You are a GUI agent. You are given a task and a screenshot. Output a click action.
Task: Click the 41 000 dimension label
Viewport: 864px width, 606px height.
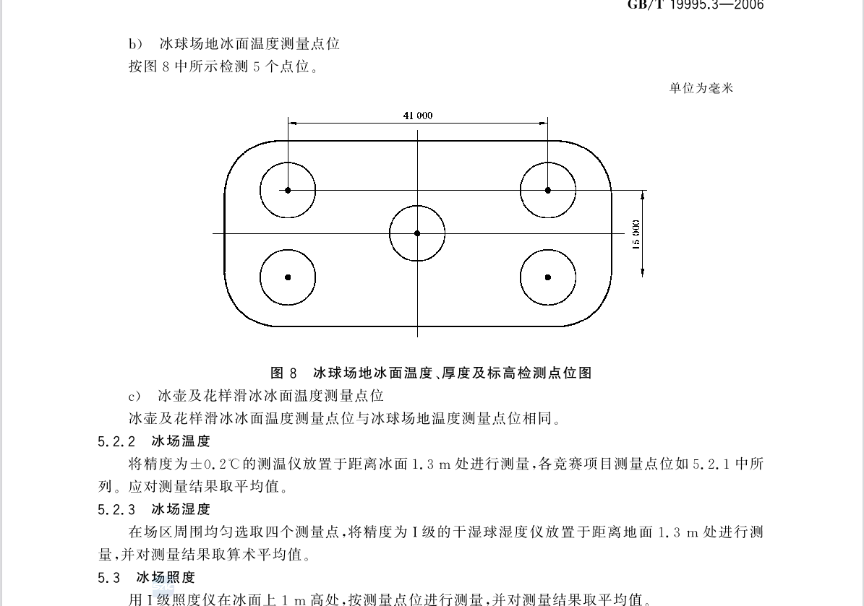pyautogui.click(x=418, y=116)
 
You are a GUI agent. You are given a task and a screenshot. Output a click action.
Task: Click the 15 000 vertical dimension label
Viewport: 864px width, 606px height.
pyautogui.click(x=636, y=235)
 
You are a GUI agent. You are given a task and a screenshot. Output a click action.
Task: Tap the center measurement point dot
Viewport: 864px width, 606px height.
pyautogui.click(x=417, y=233)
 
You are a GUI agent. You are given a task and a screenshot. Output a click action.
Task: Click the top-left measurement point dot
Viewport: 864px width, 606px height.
pyautogui.click(x=288, y=191)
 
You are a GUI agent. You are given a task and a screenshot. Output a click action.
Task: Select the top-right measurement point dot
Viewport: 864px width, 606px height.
pyautogui.click(x=548, y=191)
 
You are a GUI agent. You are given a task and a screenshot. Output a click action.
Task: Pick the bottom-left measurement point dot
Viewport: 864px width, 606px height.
pyautogui.click(x=288, y=277)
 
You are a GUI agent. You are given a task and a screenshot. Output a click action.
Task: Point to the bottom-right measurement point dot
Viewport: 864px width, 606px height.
pyautogui.click(x=548, y=277)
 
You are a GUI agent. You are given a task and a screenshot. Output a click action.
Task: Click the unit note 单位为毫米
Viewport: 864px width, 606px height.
pyautogui.click(x=701, y=88)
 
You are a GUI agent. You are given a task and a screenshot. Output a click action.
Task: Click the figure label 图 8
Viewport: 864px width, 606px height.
pyautogui.click(x=283, y=373)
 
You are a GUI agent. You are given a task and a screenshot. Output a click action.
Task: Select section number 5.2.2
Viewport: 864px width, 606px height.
pyautogui.click(x=116, y=441)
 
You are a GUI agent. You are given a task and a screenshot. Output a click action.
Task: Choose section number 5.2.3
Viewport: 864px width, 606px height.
pyautogui.click(x=116, y=510)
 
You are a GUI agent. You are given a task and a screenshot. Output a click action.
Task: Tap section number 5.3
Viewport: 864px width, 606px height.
pyautogui.click(x=109, y=578)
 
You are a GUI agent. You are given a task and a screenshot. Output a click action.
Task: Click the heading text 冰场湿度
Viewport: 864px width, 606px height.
pyautogui.click(x=181, y=509)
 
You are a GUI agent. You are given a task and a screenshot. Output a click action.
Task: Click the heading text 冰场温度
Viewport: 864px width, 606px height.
pyautogui.click(x=181, y=441)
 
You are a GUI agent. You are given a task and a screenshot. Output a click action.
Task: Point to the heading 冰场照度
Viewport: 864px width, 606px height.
pyautogui.click(x=166, y=577)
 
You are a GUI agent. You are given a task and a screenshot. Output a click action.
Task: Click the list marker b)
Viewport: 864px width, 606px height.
pyautogui.click(x=135, y=44)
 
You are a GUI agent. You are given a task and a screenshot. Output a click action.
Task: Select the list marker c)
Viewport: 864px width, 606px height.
pyautogui.click(x=134, y=397)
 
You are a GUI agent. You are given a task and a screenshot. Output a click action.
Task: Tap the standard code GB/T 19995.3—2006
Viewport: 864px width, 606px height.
pyautogui.click(x=696, y=5)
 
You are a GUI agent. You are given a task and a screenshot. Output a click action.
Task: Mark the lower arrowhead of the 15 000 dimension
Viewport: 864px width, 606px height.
pyautogui.click(x=643, y=272)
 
